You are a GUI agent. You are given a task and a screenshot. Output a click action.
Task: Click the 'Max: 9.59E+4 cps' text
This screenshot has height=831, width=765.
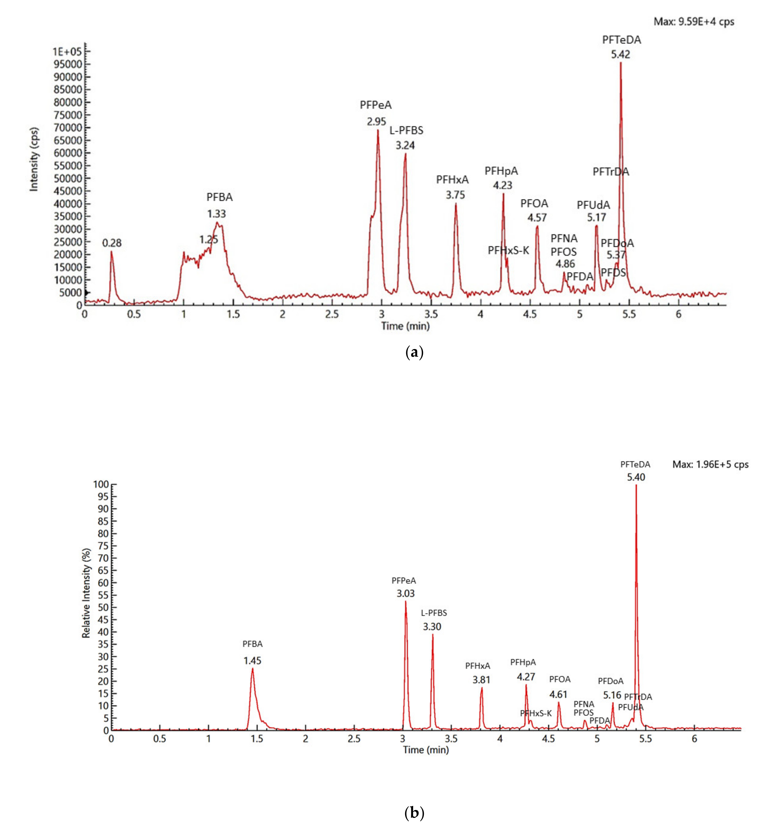[x=694, y=22]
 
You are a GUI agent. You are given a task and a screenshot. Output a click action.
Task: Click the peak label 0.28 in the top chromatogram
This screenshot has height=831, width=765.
[x=112, y=243]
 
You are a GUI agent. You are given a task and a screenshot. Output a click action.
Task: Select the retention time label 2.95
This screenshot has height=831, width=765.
[x=376, y=122]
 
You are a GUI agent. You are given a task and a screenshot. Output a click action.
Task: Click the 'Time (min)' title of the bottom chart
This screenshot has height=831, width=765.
[x=426, y=750]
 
